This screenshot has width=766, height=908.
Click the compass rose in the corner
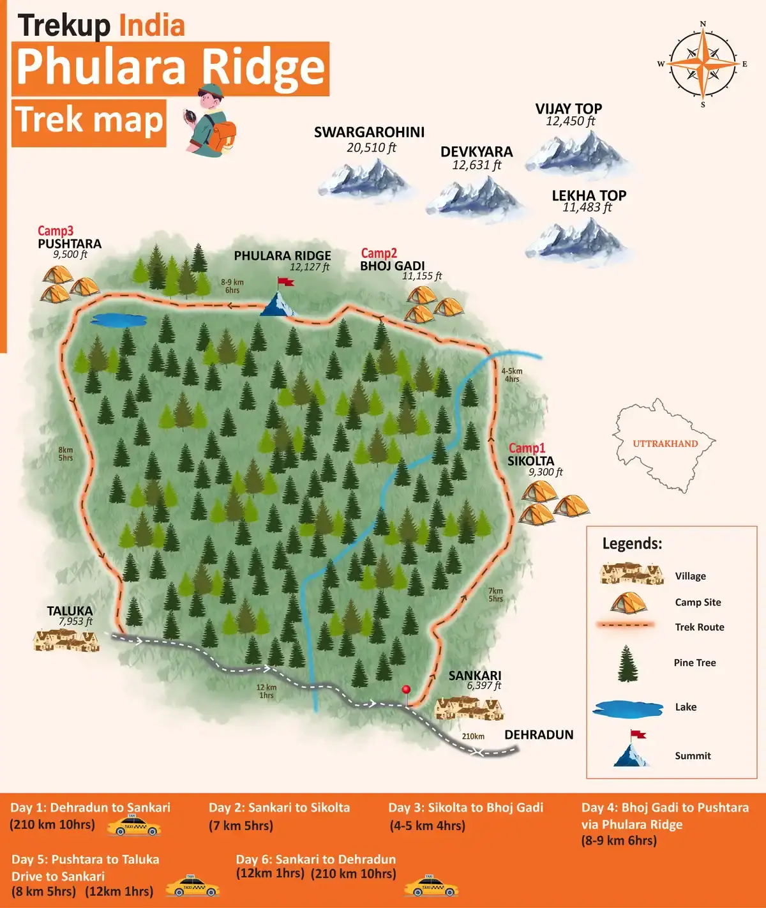pyautogui.click(x=703, y=64)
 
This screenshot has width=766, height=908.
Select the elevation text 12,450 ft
pyautogui.click(x=570, y=121)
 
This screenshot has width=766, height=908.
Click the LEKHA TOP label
pyautogui.click(x=589, y=195)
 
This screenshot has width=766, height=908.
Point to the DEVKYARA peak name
pyautogui.click(x=476, y=152)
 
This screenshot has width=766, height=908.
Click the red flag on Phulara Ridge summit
pyautogui.click(x=285, y=282)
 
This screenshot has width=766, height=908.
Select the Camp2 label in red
pyautogui.click(x=379, y=253)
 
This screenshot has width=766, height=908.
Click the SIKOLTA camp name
pyautogui.click(x=530, y=461)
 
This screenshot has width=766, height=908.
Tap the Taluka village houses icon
pyautogui.click(x=66, y=640)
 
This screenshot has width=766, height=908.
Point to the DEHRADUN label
pyautogui.click(x=539, y=735)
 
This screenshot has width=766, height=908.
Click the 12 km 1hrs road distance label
pyautogui.click(x=266, y=691)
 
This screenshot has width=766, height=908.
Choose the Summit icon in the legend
pyautogui.click(x=632, y=750)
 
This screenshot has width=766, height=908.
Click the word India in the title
pyautogui.click(x=152, y=26)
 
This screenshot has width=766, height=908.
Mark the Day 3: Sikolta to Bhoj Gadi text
pyautogui.click(x=465, y=807)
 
